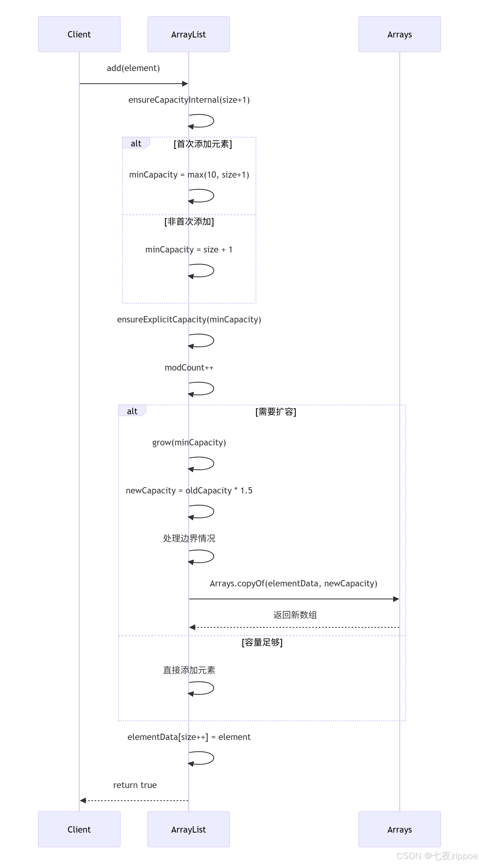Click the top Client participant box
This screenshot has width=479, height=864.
point(79,34)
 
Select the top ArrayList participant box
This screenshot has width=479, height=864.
point(188,34)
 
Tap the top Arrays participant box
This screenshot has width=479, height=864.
point(399,34)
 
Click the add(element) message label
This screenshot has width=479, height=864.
point(133,68)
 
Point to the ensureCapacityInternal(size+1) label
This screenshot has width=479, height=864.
point(189,100)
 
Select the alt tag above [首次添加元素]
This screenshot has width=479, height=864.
point(136,143)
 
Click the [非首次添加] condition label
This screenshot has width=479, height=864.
point(189,221)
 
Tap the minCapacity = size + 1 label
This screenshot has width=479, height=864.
point(189,249)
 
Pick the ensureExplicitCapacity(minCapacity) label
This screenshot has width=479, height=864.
point(189,319)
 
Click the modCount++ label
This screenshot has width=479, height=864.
point(189,368)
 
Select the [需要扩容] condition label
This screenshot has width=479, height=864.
point(276,412)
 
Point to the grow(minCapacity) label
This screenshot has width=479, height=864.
point(189,442)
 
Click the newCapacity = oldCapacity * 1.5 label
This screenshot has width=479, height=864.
point(189,490)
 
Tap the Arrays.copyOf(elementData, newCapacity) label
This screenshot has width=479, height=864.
point(293,583)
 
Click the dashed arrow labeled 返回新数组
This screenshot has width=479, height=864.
point(294,627)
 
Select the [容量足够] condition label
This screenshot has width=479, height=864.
point(262,642)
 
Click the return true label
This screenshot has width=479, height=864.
point(135,785)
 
